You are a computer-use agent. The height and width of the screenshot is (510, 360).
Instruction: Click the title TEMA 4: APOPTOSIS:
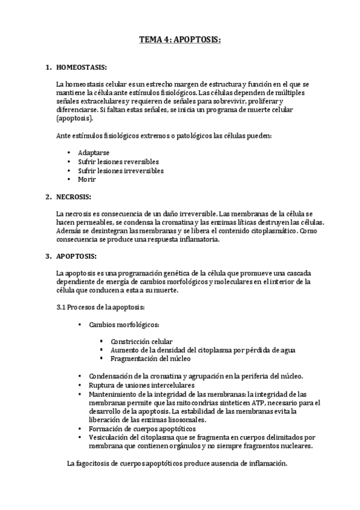[x=180, y=40]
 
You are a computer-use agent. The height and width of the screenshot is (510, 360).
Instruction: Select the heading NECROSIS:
[x=75, y=197]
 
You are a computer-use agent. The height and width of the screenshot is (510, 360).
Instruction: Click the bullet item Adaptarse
[x=93, y=153]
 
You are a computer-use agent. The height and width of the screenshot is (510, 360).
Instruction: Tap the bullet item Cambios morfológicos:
[x=124, y=325]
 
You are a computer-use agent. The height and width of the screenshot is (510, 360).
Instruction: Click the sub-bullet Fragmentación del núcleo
[x=150, y=358]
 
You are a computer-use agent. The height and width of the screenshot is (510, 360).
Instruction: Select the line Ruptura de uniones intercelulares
[x=147, y=385]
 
